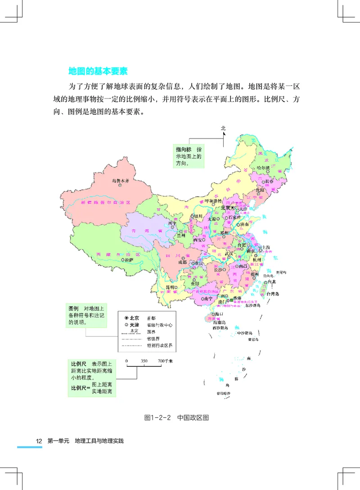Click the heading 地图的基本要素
(x=98, y=71)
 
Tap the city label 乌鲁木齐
(x=120, y=181)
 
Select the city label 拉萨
(x=129, y=259)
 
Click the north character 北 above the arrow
(x=223, y=128)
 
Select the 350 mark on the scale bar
(x=144, y=361)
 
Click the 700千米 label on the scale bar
(x=165, y=361)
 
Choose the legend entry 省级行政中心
(x=160, y=325)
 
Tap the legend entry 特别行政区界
(x=160, y=346)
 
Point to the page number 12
(x=39, y=441)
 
